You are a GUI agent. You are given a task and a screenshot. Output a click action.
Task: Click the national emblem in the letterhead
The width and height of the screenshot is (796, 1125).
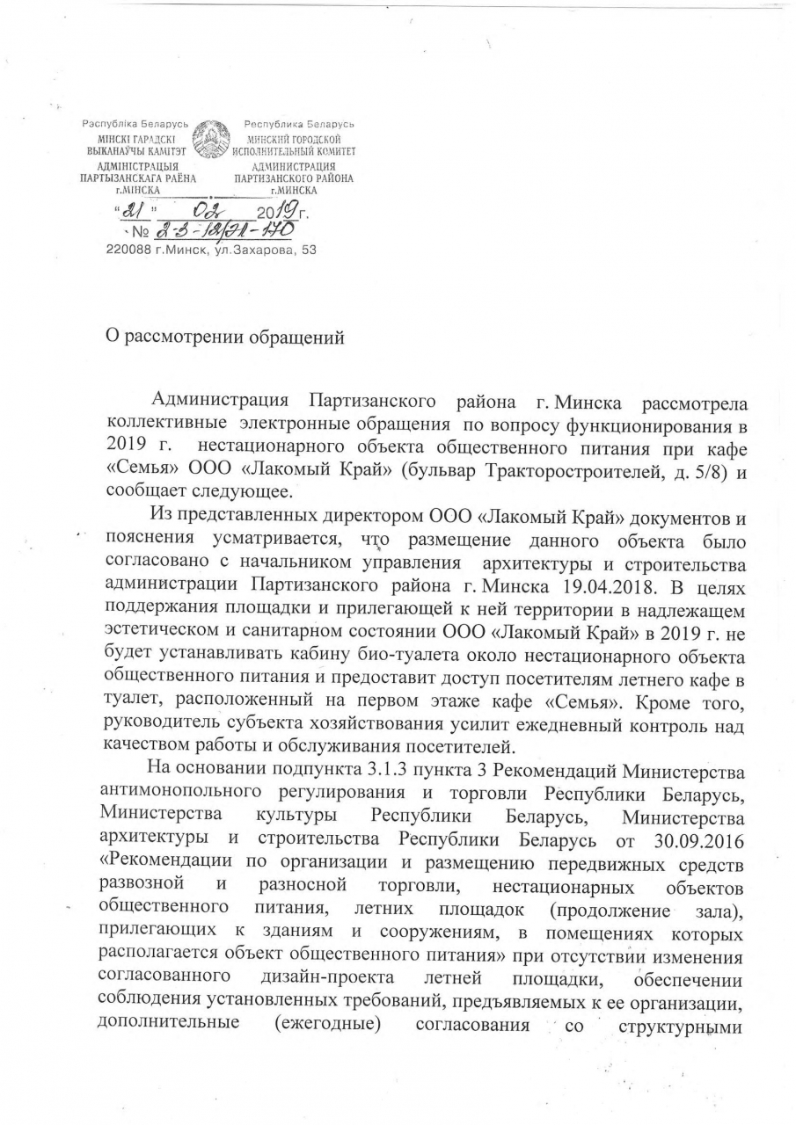(210, 143)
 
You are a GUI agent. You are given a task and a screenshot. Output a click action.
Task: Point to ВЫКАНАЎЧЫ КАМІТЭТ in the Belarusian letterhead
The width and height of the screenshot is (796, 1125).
(132, 150)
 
